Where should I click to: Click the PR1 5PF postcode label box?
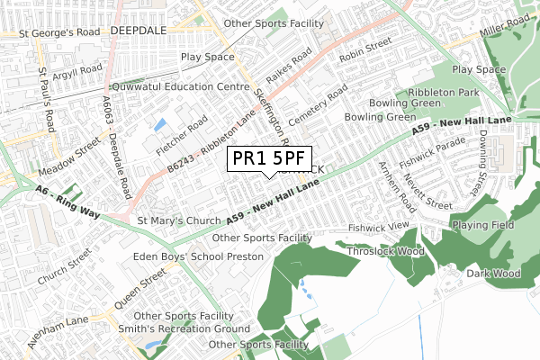click(x=268, y=157)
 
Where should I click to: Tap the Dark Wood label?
click(x=493, y=274)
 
